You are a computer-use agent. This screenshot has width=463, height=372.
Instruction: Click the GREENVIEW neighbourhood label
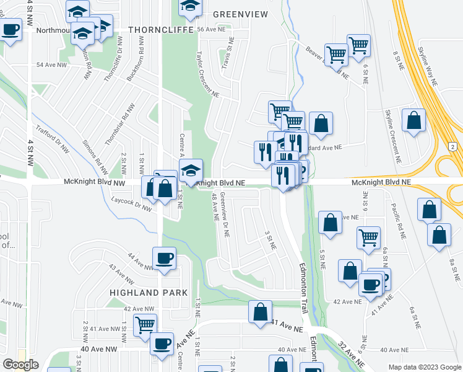[241, 14]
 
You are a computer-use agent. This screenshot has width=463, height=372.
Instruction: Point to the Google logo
[20, 365]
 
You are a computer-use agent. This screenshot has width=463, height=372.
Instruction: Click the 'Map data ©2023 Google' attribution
[424, 367]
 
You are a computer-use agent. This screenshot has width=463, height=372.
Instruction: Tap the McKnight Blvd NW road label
[94, 183]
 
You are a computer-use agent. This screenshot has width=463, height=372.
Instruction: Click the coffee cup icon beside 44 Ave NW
[165, 258]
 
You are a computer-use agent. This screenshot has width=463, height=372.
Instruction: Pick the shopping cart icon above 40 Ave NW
[145, 324]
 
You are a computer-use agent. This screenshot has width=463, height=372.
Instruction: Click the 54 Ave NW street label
[50, 64]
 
